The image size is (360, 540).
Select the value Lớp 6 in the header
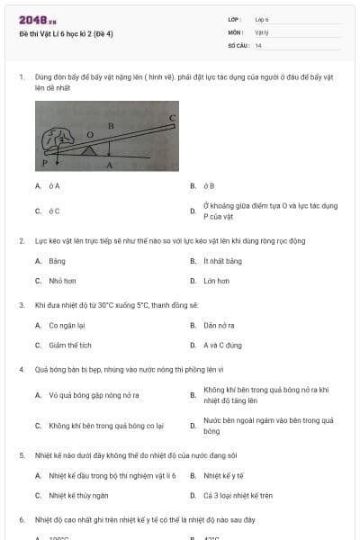pyautogui.click(x=262, y=19)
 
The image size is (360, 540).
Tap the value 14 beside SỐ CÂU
pyautogui.click(x=258, y=45)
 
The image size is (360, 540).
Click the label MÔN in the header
pyautogui.click(x=236, y=31)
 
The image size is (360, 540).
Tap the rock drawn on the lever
pyautogui.click(x=61, y=139)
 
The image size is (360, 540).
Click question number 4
pyautogui.click(x=22, y=369)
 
